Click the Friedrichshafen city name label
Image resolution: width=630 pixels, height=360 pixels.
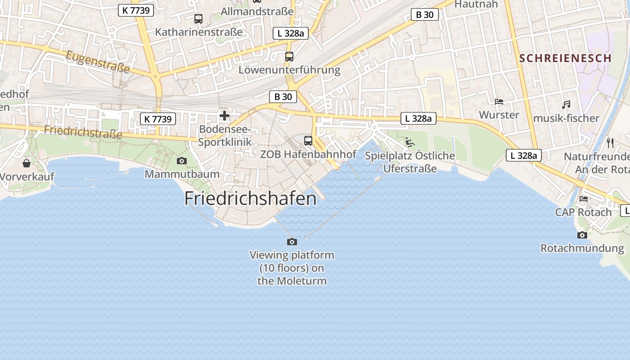(251, 198)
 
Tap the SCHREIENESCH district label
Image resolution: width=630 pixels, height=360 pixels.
(565, 58)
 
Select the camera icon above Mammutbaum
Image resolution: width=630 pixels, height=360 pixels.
(182, 161)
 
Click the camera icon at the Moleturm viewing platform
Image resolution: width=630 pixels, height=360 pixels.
(292, 242)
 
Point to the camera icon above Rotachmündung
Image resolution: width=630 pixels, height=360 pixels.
(582, 235)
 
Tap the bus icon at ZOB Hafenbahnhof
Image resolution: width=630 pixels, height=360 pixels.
(308, 141)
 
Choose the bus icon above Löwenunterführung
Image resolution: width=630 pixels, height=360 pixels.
(289, 57)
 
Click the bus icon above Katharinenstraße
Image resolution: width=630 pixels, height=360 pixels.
(198, 19)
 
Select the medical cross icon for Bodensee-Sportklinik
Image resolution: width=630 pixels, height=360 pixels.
(225, 116)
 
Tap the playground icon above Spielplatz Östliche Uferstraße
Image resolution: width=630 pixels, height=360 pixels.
(409, 142)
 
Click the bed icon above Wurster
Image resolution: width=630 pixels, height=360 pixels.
(499, 102)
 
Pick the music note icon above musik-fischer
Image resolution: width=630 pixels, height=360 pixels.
(566, 105)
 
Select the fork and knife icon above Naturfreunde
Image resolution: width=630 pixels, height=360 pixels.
(610, 143)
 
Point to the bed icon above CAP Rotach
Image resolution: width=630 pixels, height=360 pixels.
(584, 198)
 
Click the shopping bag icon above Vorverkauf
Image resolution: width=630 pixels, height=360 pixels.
(27, 163)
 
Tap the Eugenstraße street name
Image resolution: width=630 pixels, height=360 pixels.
(98, 62)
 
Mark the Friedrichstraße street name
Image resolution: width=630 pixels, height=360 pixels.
(83, 132)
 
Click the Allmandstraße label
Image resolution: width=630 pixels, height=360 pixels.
(257, 11)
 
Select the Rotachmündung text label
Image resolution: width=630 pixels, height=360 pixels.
(582, 248)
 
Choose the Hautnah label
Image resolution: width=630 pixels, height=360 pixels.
(476, 4)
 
